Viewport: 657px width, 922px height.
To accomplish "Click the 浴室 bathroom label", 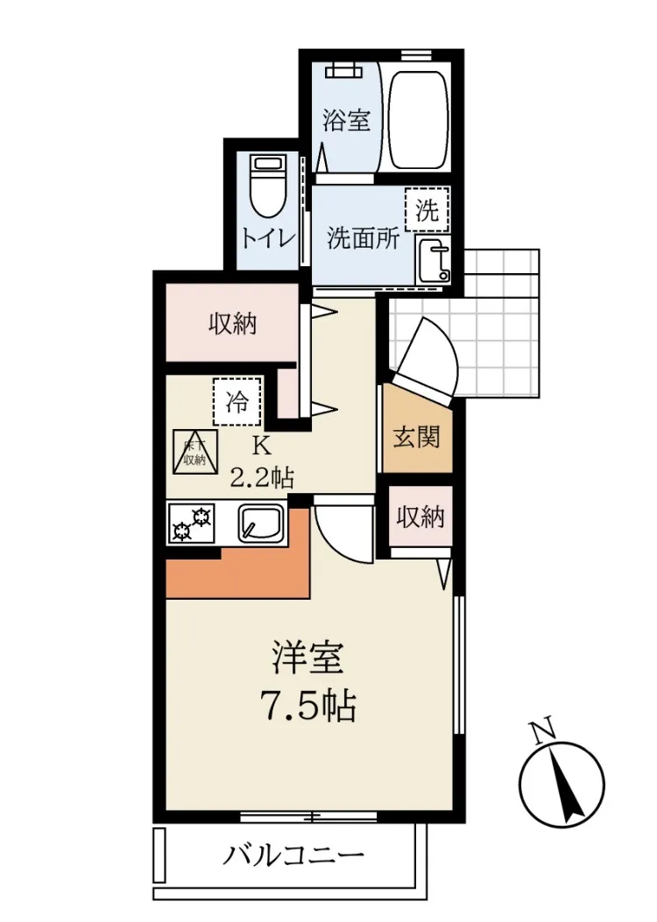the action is [x=346, y=120].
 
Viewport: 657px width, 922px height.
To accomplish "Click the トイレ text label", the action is [x=268, y=239].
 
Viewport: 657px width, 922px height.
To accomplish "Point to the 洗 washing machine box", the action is [x=427, y=210].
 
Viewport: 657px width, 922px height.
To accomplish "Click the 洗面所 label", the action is [x=364, y=238].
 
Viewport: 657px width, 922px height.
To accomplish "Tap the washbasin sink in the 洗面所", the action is [x=433, y=261].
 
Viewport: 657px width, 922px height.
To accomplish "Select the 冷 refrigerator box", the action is [x=237, y=402].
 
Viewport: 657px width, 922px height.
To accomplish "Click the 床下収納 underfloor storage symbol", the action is [x=194, y=452].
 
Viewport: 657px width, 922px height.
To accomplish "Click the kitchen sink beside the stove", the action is [x=261, y=523].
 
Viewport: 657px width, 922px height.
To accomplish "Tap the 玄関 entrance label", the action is [x=416, y=437].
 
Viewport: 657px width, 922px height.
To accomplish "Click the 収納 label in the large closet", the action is [x=233, y=323].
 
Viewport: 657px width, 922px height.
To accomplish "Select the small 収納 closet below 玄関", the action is [x=420, y=517].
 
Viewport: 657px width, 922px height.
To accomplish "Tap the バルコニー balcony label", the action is [x=293, y=855].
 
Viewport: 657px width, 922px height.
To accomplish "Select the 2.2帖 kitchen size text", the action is [x=261, y=477].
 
